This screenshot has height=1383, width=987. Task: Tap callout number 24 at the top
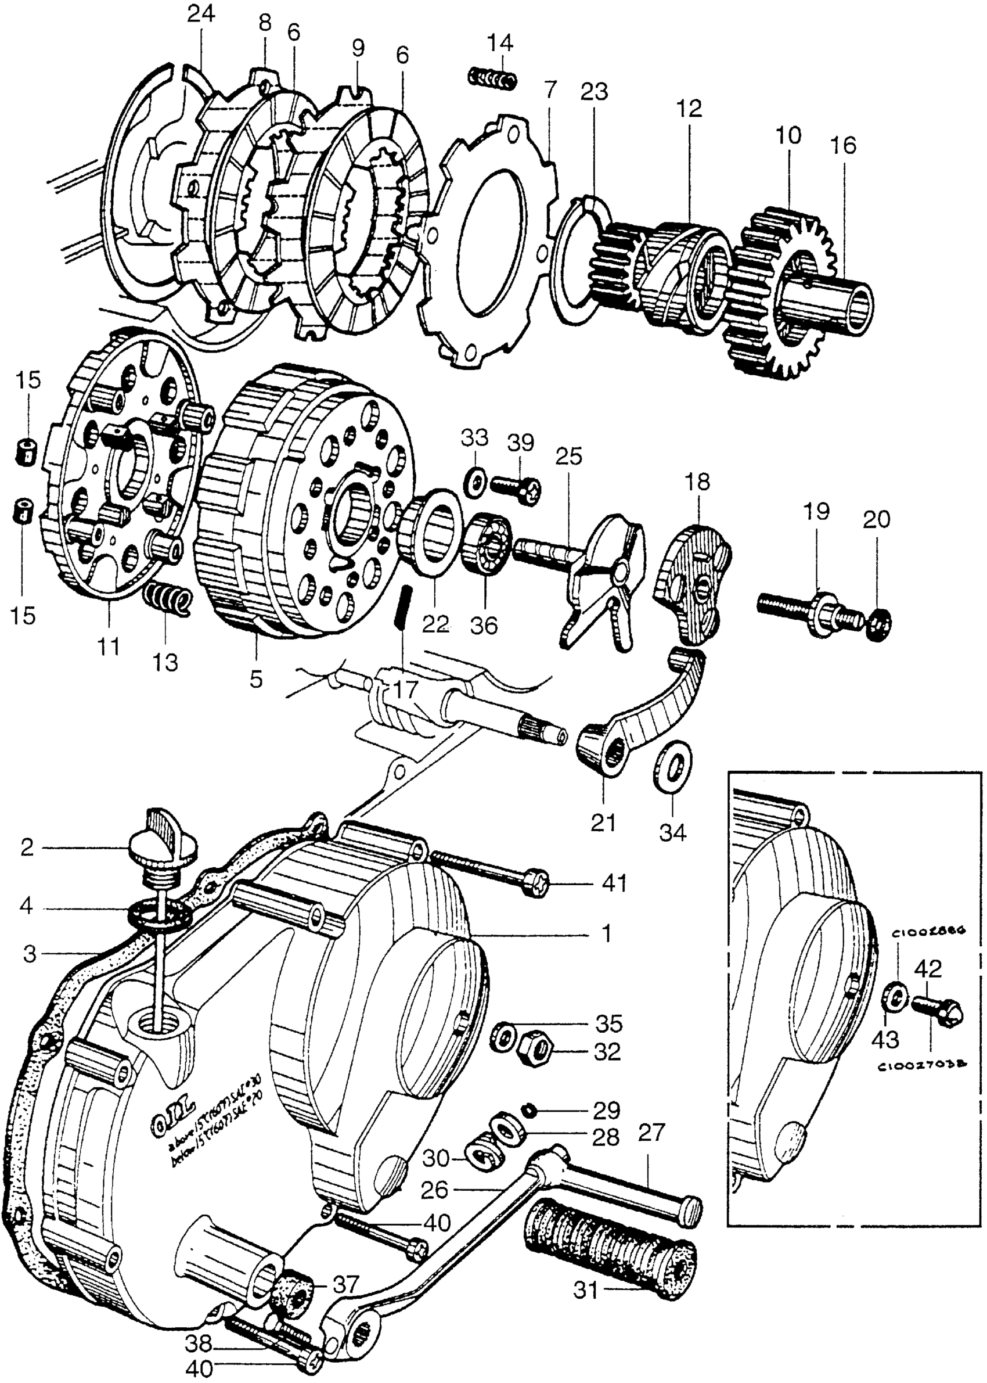[x=201, y=13]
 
